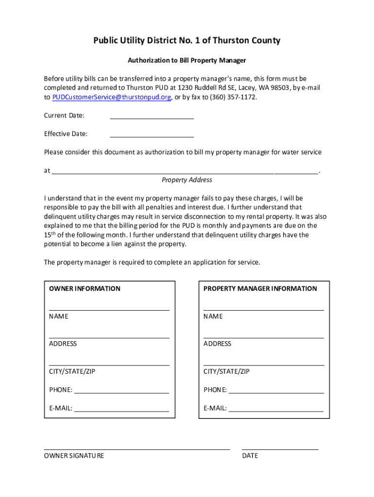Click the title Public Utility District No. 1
click(187, 41)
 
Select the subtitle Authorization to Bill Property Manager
click(187, 61)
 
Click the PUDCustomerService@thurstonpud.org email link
click(112, 97)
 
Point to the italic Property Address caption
click(187, 180)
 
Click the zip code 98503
click(280, 88)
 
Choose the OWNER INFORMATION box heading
click(85, 289)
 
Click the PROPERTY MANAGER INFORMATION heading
click(260, 289)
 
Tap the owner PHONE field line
click(121, 392)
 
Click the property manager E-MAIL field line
click(276, 410)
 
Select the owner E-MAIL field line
click(121, 410)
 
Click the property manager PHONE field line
click(276, 392)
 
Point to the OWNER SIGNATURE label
click(74, 456)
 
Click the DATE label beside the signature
click(250, 456)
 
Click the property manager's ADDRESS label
click(217, 344)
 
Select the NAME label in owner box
click(59, 316)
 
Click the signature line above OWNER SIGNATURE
click(136, 449)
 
